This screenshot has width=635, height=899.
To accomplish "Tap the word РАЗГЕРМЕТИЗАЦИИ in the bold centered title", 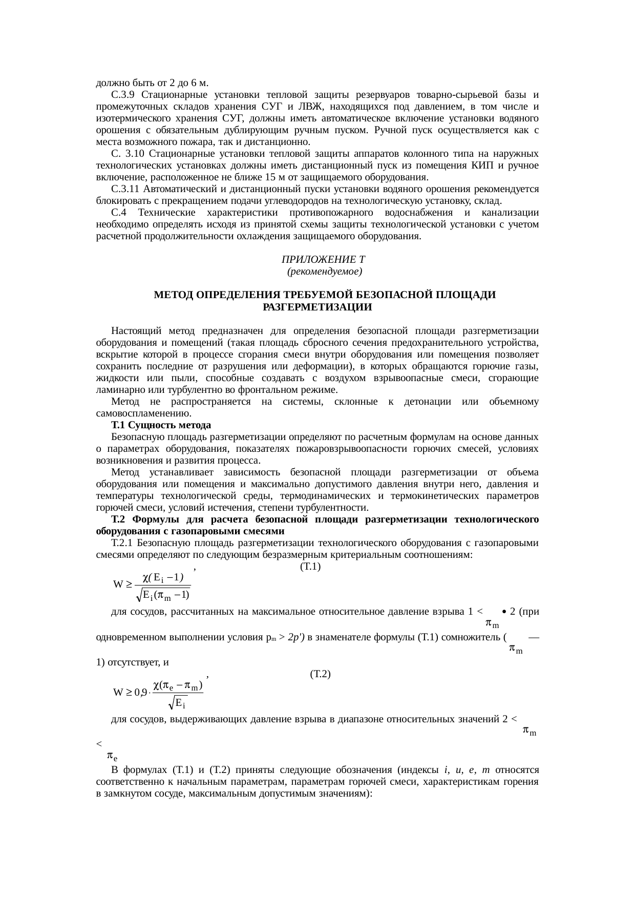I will pos(317,307).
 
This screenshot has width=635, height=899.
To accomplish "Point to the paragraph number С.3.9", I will pos(122,95).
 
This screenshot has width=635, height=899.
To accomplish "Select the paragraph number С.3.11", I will pos(125,189).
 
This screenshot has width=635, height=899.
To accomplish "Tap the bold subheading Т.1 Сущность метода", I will pos(161,426).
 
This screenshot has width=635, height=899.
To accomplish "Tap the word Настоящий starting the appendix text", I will pos(133,331).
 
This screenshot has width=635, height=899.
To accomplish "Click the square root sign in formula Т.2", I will pos(173,702).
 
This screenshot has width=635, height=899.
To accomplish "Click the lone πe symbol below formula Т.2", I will pos(112,756).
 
